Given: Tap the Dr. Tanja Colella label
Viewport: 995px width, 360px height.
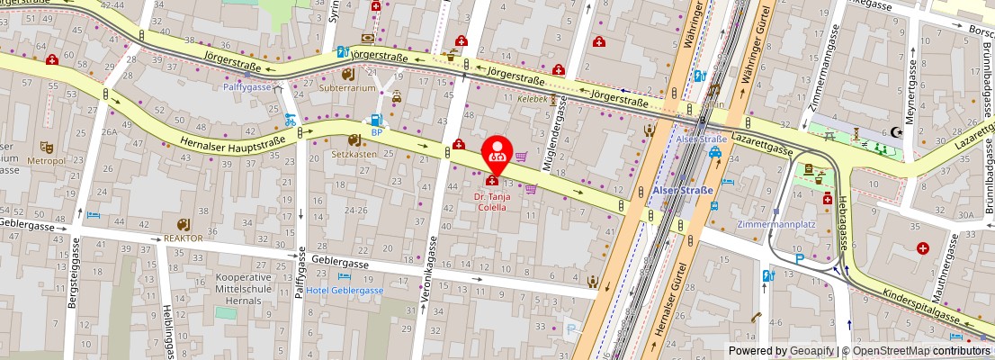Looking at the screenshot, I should click(497, 201).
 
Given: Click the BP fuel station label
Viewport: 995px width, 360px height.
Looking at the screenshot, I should click(377, 132).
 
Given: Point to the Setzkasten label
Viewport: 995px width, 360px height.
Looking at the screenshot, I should click(354, 153).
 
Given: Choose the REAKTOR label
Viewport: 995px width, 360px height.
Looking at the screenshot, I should click(183, 238).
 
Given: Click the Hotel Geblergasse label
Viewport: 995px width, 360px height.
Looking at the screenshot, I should click(345, 291).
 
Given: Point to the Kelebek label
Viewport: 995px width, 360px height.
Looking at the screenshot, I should click(532, 99).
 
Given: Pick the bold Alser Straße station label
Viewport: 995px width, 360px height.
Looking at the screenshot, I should click(681, 191).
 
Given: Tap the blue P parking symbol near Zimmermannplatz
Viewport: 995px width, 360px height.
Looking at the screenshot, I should click(800, 258).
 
